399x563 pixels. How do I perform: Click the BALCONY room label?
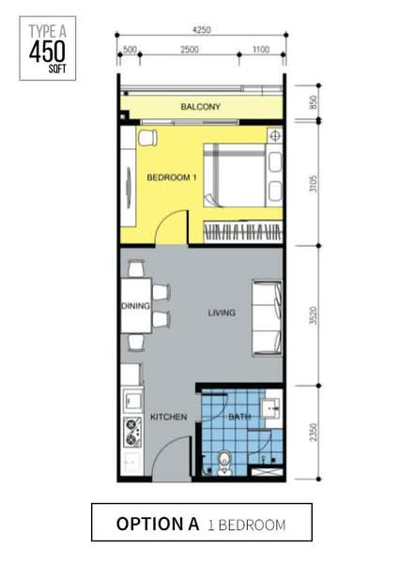[x=200, y=107]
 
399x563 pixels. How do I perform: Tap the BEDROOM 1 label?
[x=172, y=177]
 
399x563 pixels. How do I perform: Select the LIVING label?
[x=222, y=312]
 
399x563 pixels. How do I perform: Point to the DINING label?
[x=136, y=306]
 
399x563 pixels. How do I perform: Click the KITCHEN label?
[x=168, y=417]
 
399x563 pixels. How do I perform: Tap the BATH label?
[x=239, y=417]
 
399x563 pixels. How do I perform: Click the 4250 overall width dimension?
[x=202, y=30]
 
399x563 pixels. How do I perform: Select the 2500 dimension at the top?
[x=190, y=49]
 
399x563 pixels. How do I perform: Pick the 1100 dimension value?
[x=261, y=49]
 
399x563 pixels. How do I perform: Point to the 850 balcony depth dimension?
[x=314, y=102]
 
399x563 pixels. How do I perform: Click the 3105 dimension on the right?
[x=314, y=184]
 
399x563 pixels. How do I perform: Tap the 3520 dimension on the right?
[x=314, y=315]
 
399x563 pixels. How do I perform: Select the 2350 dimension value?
[x=314, y=433]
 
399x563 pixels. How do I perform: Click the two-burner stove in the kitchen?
[x=132, y=433]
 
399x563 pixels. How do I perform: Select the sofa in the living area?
[x=268, y=318]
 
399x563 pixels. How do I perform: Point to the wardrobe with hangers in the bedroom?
[x=243, y=232]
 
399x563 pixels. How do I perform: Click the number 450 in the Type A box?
[x=47, y=52]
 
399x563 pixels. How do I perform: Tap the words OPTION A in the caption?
[x=158, y=524]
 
